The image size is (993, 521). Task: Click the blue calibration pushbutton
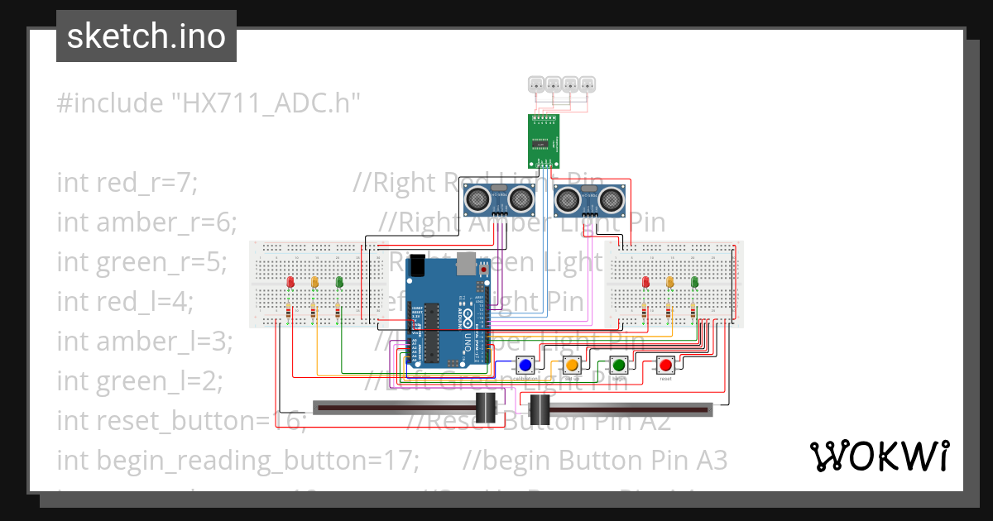[x=525, y=365]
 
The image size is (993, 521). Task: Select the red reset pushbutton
[x=665, y=365]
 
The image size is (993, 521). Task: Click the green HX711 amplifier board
[x=544, y=141]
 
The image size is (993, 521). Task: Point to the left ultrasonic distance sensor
[x=498, y=198]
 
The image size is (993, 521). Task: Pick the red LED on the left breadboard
[x=290, y=283]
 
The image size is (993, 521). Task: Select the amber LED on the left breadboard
[x=314, y=283]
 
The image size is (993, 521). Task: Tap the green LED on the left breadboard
[x=339, y=283]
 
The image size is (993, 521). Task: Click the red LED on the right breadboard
[x=645, y=283]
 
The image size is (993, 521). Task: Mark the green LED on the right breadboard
[x=694, y=283]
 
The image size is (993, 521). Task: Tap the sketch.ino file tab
[x=146, y=36]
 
